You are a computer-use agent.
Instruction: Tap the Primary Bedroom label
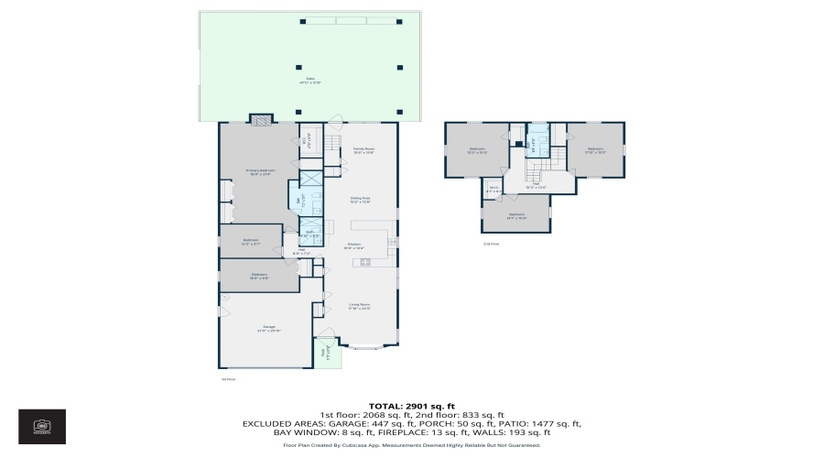(x=260, y=172)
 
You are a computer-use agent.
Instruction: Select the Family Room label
(x=363, y=150)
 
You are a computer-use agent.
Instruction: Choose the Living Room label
(x=359, y=306)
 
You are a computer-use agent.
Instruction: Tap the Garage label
(x=269, y=328)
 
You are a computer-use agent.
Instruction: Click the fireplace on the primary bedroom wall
(x=261, y=118)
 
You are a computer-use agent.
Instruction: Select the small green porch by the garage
(x=323, y=354)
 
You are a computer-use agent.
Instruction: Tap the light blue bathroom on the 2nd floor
(x=537, y=137)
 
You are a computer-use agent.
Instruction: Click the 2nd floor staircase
(x=552, y=166)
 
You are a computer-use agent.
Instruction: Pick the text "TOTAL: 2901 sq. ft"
(x=411, y=405)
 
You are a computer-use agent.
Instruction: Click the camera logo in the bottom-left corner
(x=42, y=426)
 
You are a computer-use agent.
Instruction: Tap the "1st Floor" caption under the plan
(x=229, y=378)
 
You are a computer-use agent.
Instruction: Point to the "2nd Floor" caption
(x=492, y=244)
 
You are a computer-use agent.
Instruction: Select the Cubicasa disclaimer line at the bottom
(x=411, y=445)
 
